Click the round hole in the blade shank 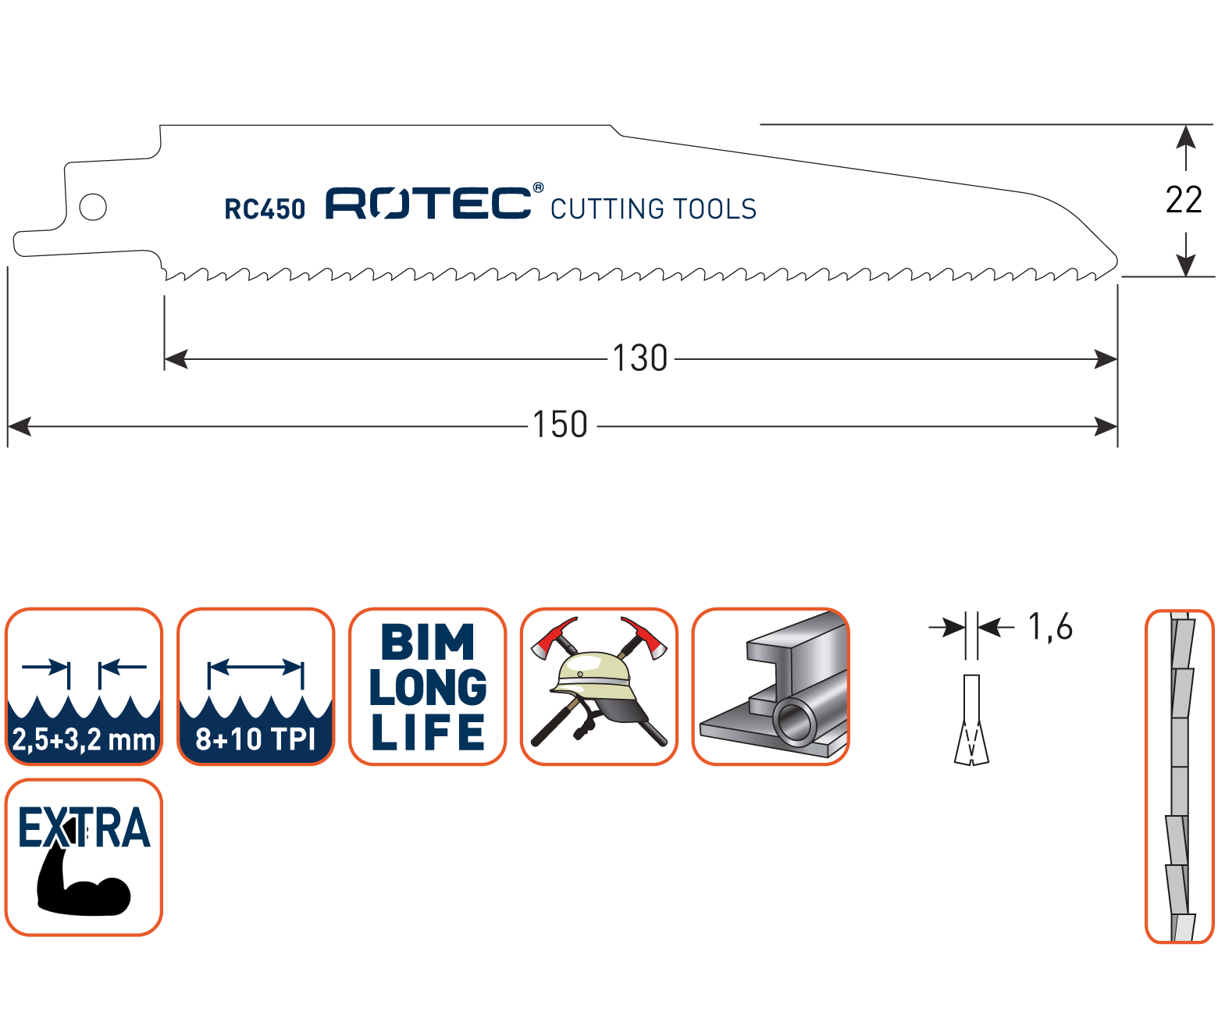tap(93, 207)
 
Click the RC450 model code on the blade tap(265, 209)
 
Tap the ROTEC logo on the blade tap(429, 203)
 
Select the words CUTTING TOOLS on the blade tap(654, 209)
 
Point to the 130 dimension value tap(640, 358)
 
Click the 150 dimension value tap(560, 426)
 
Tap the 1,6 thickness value tap(1051, 627)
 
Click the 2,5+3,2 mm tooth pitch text tap(84, 739)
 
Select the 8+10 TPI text tap(255, 739)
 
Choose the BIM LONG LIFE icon tap(428, 686)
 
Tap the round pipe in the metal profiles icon tap(795, 720)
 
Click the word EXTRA tap(84, 828)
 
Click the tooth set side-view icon tap(1180, 776)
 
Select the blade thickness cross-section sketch tap(971, 720)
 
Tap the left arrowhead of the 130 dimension tap(176, 359)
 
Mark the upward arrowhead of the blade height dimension tap(1186, 137)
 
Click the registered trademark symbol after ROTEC tap(538, 188)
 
